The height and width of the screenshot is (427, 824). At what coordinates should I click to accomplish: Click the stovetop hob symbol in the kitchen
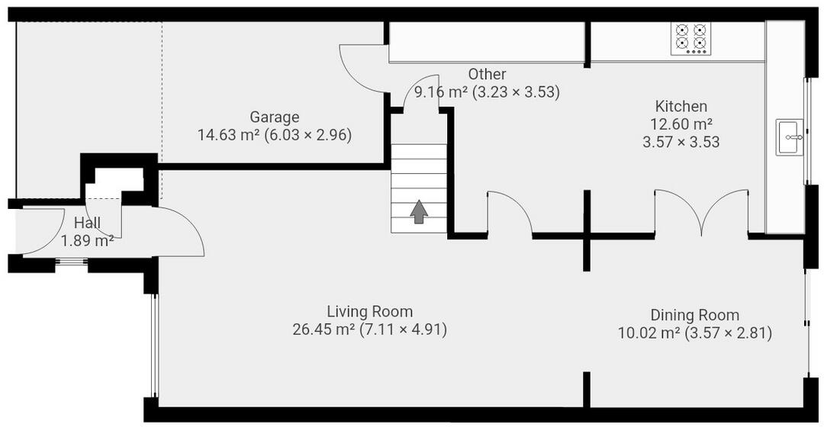[690, 37]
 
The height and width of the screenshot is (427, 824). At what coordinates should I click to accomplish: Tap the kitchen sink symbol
[790, 137]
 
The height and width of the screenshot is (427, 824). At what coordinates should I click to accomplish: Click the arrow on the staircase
[418, 212]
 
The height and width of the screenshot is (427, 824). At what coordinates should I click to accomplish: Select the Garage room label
[275, 117]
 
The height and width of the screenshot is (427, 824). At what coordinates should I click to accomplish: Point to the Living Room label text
[369, 311]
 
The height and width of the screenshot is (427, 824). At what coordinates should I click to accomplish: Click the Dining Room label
[694, 315]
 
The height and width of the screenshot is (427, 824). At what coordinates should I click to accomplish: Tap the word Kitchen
[681, 106]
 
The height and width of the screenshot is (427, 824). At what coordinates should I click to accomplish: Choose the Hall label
[87, 223]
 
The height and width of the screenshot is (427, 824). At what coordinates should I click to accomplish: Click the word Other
[487, 74]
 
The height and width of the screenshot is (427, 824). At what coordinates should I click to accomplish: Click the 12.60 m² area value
[681, 124]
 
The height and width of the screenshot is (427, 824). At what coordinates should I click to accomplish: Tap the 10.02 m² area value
[649, 332]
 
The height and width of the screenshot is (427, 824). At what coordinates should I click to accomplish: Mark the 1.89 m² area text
[87, 241]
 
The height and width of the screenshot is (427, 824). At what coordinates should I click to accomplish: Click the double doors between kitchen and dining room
[698, 213]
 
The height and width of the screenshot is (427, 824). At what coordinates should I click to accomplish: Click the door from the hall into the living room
[179, 233]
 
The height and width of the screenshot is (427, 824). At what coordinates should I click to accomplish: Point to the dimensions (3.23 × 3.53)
[516, 92]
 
